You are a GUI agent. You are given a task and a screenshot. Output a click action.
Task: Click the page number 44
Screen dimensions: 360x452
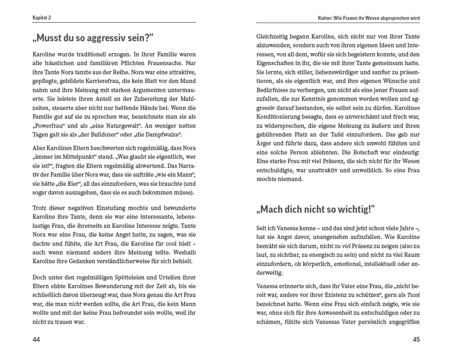[x=36, y=340]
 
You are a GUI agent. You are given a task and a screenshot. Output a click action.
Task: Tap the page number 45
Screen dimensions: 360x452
[x=416, y=340]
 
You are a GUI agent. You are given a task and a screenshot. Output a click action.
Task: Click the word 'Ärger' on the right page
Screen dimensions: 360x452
[x=265, y=143]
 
